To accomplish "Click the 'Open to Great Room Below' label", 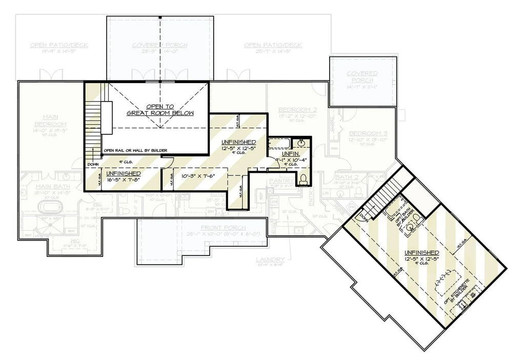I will pyautogui.click(x=160, y=110).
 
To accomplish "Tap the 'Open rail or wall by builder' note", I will pyautogui.click(x=135, y=150).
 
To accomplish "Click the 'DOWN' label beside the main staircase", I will pyautogui.click(x=93, y=165).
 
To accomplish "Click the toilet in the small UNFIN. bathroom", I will pyautogui.click(x=303, y=179).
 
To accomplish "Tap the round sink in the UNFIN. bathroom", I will pyautogui.click(x=302, y=142).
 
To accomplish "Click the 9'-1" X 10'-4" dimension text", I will pyautogui.click(x=291, y=159).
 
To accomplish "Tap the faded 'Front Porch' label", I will pyautogui.click(x=223, y=228).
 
